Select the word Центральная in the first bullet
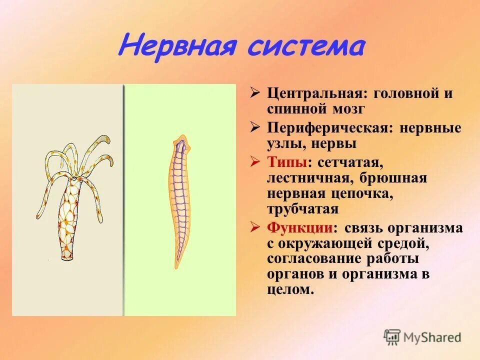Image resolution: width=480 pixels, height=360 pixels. (x=316, y=93)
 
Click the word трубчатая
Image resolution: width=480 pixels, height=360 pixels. (x=302, y=208)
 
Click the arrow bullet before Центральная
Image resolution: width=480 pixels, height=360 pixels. (x=255, y=93)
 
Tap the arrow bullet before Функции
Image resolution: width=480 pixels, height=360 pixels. (x=255, y=227)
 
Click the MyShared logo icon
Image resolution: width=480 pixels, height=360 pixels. (x=392, y=337)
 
